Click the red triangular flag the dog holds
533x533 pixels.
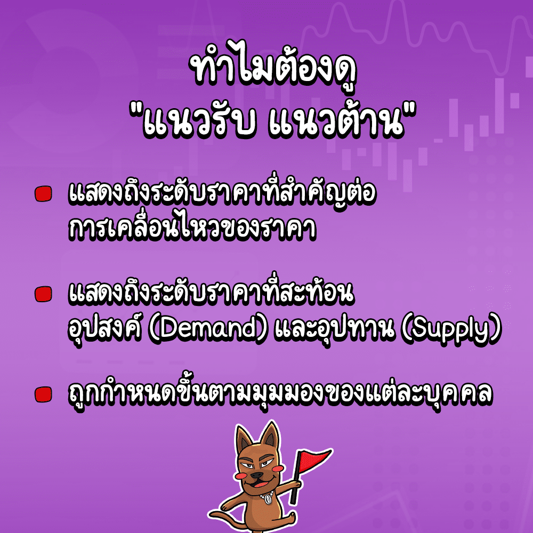pos(314,459)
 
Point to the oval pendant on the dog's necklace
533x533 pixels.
pos(265,502)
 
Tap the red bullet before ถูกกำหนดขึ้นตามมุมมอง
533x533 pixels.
pos(43,394)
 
